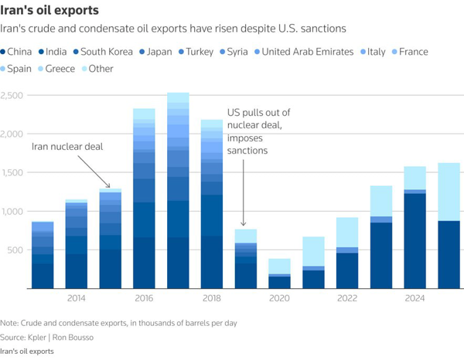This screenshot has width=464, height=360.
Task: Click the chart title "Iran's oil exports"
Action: pyautogui.click(x=52, y=10)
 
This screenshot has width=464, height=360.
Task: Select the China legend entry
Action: pyautogui.click(x=21, y=52)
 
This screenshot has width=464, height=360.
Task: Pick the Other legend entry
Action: pyautogui.click(x=101, y=69)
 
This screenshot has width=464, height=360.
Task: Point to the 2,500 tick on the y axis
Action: pyautogui.click(x=13, y=95)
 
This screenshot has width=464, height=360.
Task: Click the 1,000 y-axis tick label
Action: pyautogui.click(x=13, y=211)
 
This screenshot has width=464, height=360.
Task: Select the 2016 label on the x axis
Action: pyautogui.click(x=144, y=298)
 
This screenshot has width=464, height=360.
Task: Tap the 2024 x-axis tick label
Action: pyautogui.click(x=416, y=298)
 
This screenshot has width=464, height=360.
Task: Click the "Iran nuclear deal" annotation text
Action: pyautogui.click(x=67, y=146)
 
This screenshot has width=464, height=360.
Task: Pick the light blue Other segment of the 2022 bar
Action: pyautogui.click(x=348, y=233)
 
